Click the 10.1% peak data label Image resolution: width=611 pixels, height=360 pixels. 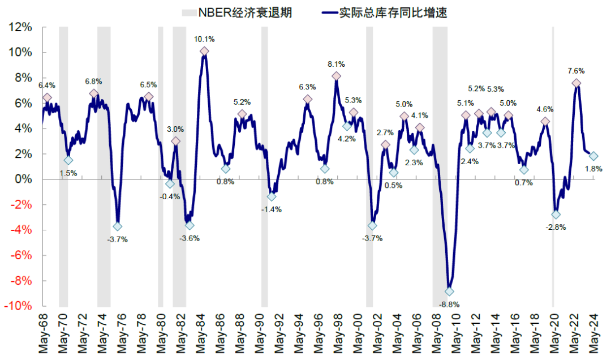[x=204, y=39]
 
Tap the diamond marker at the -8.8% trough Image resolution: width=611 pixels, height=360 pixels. [x=449, y=292]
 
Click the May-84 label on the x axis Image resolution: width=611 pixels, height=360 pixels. [x=203, y=336]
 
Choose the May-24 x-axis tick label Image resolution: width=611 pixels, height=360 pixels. [x=593, y=336]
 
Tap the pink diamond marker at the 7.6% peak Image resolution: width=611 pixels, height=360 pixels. [x=576, y=83]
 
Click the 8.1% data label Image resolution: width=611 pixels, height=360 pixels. [x=336, y=64]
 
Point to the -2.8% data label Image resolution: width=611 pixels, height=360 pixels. [x=556, y=227]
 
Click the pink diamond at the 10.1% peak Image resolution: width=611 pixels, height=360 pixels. [x=204, y=52]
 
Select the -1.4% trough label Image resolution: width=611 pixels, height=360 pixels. [x=272, y=209]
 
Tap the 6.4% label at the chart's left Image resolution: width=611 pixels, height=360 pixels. [x=46, y=85]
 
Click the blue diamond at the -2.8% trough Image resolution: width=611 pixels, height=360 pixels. [x=556, y=215]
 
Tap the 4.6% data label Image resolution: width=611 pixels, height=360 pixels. [x=545, y=109]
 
